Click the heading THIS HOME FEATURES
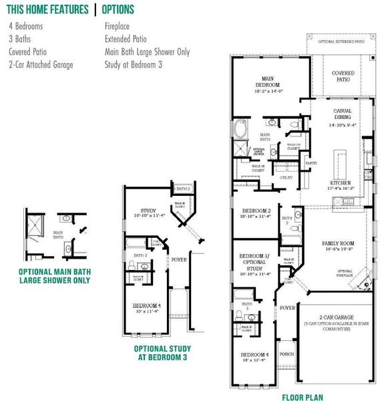(x=47, y=10)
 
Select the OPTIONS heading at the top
(x=119, y=10)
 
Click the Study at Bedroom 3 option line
(x=134, y=65)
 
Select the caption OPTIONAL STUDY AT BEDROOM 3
(x=162, y=353)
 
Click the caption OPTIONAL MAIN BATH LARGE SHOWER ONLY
(x=54, y=276)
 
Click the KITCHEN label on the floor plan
(x=341, y=182)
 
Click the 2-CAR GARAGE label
(x=336, y=317)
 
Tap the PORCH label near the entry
(x=287, y=354)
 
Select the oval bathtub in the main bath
(x=239, y=130)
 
